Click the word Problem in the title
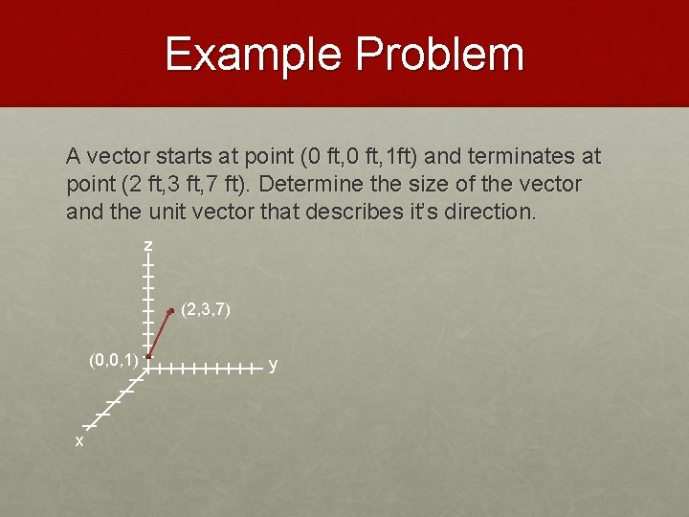[x=439, y=55]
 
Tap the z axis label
[x=148, y=247]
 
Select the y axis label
[x=274, y=365]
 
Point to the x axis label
[x=79, y=441]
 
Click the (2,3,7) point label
[x=205, y=310]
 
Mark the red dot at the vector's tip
[x=170, y=310]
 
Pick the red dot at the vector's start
[x=149, y=356]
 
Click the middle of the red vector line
[x=160, y=333]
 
